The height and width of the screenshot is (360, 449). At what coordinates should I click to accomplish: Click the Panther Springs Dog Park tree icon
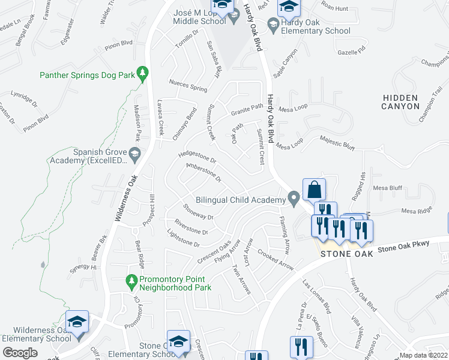click(142, 74)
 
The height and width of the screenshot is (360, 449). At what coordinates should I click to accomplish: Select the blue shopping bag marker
click(314, 190)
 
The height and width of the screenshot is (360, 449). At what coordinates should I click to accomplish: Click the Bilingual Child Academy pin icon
click(294, 198)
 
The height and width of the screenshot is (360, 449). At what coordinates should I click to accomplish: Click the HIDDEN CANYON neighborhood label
click(400, 102)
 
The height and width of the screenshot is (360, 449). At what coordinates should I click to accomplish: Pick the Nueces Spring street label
click(188, 86)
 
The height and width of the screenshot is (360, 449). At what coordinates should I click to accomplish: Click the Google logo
click(20, 353)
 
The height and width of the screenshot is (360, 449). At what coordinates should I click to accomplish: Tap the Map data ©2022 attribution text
click(423, 355)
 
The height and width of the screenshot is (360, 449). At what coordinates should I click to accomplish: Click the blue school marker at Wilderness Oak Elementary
click(77, 322)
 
